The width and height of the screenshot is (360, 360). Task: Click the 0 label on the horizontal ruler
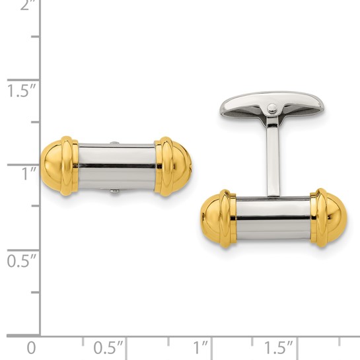click(x=30, y=347)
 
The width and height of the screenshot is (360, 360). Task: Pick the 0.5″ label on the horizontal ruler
click(x=108, y=347)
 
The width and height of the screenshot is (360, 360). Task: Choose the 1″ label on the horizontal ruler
click(x=201, y=347)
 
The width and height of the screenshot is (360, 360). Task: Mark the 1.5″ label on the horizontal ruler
click(x=278, y=347)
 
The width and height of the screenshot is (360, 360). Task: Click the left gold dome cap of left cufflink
click(x=58, y=166)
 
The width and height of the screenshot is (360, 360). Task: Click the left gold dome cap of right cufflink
click(x=217, y=219)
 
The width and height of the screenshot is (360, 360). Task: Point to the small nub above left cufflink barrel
click(x=116, y=141)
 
